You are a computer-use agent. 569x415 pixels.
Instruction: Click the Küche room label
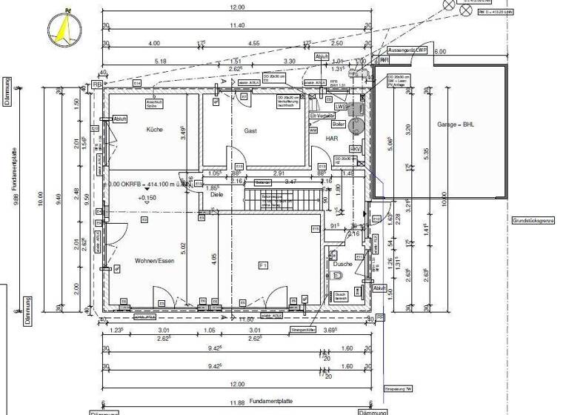coord(154,130)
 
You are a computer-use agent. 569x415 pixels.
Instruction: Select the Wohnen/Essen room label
coord(155,261)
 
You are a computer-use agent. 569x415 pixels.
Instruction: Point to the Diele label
coord(216,195)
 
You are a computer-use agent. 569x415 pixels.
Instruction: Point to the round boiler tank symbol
coord(354,127)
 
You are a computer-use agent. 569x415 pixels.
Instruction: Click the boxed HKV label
coord(355,149)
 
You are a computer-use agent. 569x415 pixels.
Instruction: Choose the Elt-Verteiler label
coord(324,116)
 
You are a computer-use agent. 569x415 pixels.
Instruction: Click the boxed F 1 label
coord(262,265)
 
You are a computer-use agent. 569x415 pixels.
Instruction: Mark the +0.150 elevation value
coord(147,199)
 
